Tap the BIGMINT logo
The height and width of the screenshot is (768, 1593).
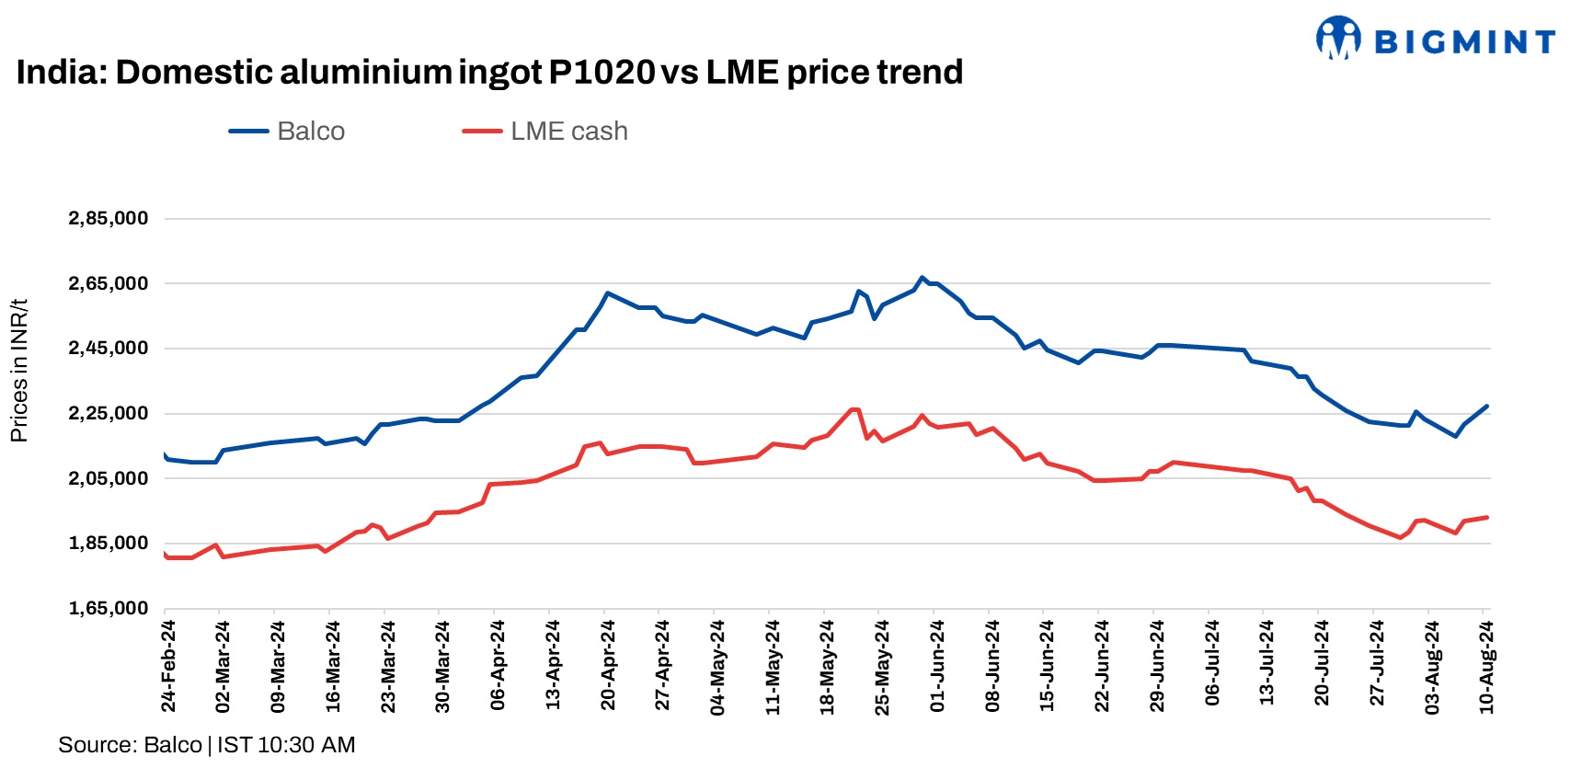point(1436,40)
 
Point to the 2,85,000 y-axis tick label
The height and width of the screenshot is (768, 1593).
point(109,219)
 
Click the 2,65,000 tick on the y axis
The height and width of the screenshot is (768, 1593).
point(109,284)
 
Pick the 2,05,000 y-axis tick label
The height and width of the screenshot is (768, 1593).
point(109,478)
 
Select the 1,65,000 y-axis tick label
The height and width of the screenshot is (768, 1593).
point(109,608)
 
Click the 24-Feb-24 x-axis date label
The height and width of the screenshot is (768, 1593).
point(168,666)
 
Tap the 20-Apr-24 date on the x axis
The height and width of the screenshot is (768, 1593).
point(608,666)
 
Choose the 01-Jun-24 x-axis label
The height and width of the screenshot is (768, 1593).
point(937,666)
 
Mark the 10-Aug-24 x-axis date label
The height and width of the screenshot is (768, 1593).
point(1486,666)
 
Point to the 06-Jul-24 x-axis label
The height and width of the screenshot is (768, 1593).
point(1211,666)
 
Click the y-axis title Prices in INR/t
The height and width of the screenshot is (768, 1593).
point(19,371)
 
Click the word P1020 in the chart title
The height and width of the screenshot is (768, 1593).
point(602,72)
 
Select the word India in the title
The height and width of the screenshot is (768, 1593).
point(59,72)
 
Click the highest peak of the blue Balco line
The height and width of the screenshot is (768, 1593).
point(922,277)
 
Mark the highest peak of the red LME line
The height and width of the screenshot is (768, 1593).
point(854,409)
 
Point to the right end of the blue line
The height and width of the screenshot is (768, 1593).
point(1486,407)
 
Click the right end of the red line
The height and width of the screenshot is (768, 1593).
point(1486,518)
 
